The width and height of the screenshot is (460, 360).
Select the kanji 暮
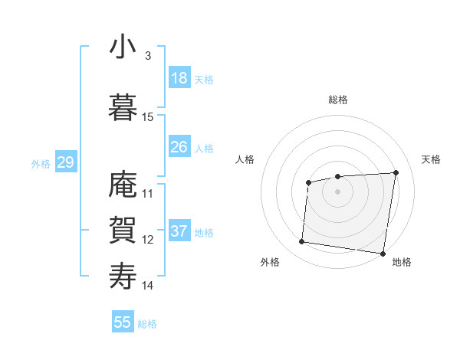coord(123,107)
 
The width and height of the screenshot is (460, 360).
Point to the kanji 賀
coord(123,230)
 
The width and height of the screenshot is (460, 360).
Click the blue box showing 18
coord(179,78)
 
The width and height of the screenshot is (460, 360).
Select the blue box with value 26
coord(179,147)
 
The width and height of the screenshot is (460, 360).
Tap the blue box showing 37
coord(179,231)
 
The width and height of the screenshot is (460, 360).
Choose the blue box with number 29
coord(65,162)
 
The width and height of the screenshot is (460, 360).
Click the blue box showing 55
coord(123,322)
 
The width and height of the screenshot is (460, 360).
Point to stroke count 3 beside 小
coord(147,56)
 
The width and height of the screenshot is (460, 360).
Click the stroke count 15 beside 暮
coord(148,117)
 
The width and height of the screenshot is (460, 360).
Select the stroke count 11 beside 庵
coord(148,194)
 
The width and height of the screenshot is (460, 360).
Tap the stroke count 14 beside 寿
coord(148,286)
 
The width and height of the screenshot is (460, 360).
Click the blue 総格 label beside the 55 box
coord(147,324)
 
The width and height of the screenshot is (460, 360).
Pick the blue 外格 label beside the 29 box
coord(41,164)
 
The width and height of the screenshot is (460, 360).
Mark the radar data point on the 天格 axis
coord(396,172)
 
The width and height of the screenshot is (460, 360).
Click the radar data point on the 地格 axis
coord(383,254)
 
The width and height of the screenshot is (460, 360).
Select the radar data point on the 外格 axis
coord(302,242)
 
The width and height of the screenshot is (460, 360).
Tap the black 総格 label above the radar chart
coord(338,100)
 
